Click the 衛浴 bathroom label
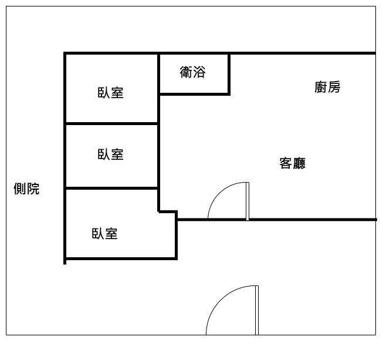point(192,72)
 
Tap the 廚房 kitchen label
point(327,87)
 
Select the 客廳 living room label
point(292,163)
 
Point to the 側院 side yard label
point(26,189)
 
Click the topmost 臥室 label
point(110,93)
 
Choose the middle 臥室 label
point(110,154)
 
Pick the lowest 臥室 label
point(104,234)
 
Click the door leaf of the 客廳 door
point(248,201)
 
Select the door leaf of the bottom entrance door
point(257,310)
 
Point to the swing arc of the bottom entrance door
point(220,298)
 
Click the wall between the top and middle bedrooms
point(112,123)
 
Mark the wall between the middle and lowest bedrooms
point(112,188)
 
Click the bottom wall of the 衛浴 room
point(194,93)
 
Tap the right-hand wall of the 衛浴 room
point(229,74)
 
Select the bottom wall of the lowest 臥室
point(121,258)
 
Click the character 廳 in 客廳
point(299,163)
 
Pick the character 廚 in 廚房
point(321,87)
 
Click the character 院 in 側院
point(33,189)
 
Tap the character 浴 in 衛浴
point(199,72)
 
